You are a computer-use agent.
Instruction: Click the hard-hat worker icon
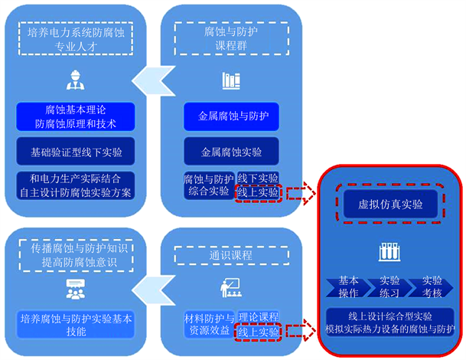tap(75, 80)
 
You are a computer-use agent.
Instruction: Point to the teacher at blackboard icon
tap(230, 288)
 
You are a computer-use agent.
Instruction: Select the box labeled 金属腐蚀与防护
tap(232, 117)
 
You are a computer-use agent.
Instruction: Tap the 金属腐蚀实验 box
tap(232, 150)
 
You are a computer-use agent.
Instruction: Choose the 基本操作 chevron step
tap(348, 287)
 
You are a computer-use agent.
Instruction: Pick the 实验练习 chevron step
tap(389, 287)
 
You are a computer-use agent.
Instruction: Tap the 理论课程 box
tap(259, 316)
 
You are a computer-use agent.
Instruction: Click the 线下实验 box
tap(259, 178)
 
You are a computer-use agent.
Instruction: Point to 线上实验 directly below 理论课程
tap(259, 331)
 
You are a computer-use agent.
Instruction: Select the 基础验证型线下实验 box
tap(75, 151)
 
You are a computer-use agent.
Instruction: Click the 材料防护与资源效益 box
tap(207, 324)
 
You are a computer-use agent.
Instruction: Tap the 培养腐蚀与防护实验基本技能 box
tap(75, 324)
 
